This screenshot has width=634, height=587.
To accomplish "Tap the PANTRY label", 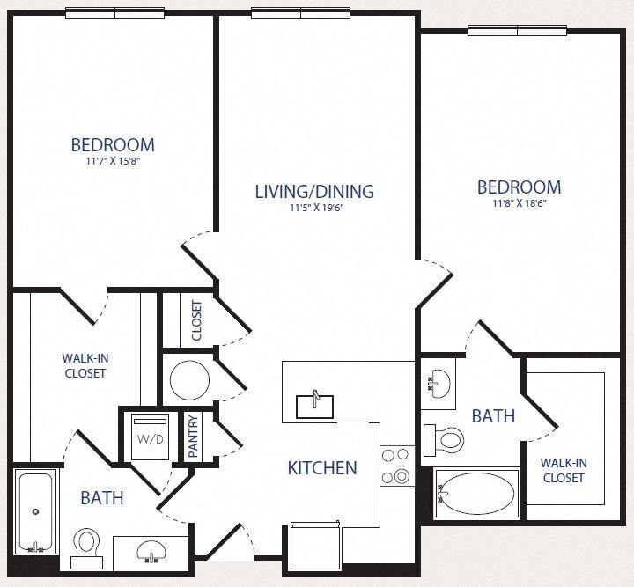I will click(195, 437).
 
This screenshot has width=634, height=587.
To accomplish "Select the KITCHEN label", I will click(322, 468).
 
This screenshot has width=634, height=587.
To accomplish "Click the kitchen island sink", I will click(314, 406).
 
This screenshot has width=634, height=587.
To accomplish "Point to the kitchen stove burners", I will click(396, 466).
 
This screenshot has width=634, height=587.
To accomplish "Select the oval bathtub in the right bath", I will click(478, 494).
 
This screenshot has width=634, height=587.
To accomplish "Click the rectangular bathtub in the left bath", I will click(36, 511).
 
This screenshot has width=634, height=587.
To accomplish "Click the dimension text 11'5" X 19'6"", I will click(315, 209).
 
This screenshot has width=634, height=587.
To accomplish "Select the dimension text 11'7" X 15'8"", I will click(113, 161).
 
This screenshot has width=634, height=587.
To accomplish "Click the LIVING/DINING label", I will click(314, 191).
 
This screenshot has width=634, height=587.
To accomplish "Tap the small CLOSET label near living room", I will click(196, 322).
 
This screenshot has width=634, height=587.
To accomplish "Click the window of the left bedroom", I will click(114, 13).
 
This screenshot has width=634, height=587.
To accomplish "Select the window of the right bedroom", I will click(517, 31).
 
